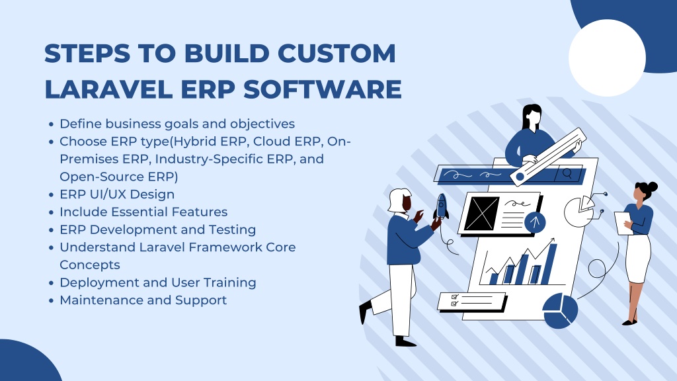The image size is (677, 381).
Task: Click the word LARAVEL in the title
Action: pyautogui.click(x=109, y=89)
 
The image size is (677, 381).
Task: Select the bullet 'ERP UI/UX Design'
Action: pyautogui.click(x=117, y=194)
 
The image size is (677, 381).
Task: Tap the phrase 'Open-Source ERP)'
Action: pyautogui.click(x=119, y=177)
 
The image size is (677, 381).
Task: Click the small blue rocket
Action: pyautogui.click(x=441, y=206)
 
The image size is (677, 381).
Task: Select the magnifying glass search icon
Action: pyautogui.click(x=567, y=174)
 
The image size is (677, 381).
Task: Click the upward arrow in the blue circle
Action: pyautogui.click(x=535, y=222)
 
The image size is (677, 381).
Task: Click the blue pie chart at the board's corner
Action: pyautogui.click(x=560, y=311)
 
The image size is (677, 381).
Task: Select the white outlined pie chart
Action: pyautogui.click(x=579, y=211)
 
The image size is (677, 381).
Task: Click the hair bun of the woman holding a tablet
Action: pyautogui.click(x=651, y=187)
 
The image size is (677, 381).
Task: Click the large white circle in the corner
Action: pyautogui.click(x=607, y=58)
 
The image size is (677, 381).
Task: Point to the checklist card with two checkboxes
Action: pyautogui.click(x=472, y=302)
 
